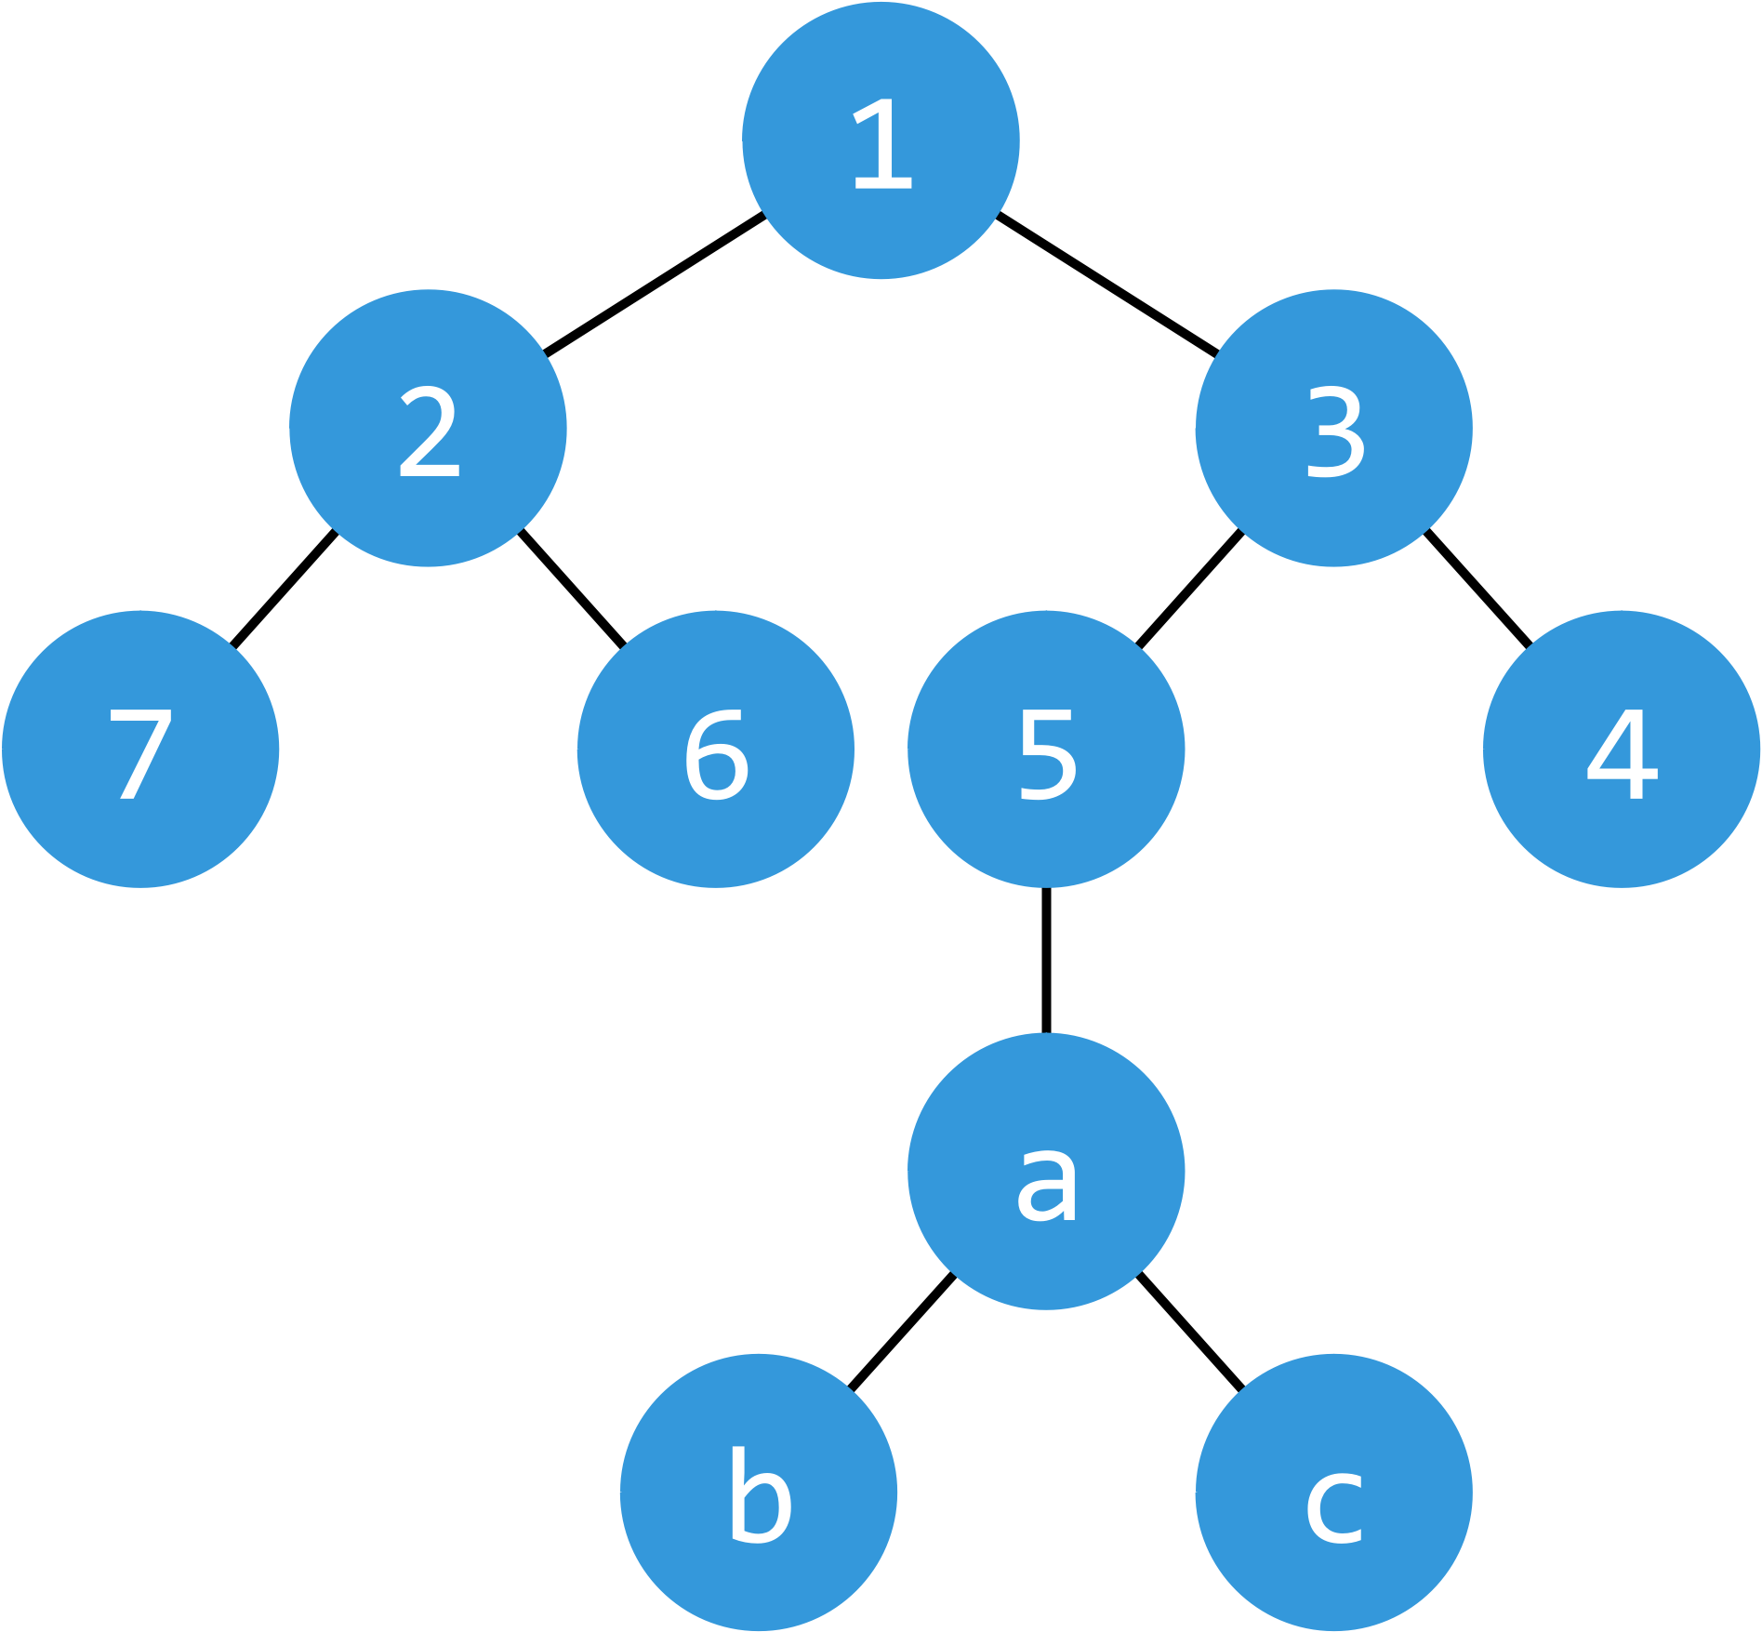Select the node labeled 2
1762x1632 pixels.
[x=428, y=428]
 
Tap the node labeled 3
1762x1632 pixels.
[x=1333, y=428]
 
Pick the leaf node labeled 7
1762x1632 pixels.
[x=140, y=749]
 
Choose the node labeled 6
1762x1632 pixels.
[x=715, y=749]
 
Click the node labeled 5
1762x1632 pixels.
[x=1046, y=749]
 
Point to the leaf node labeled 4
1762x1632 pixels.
[x=1621, y=749]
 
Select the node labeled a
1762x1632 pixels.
[x=1046, y=1171]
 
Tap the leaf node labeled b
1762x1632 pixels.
[x=759, y=1492]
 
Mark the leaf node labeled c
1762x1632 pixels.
[x=1333, y=1492]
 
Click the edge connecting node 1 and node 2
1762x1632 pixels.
[x=655, y=285]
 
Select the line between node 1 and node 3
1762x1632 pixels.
[x=1106, y=285]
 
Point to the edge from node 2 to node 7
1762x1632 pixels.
[x=284, y=588]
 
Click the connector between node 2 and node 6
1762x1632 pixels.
[x=572, y=588]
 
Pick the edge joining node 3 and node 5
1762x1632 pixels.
[x=1190, y=588]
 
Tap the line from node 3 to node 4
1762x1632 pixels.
[x=1477, y=588]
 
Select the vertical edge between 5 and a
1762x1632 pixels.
[x=1046, y=960]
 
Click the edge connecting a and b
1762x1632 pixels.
[x=903, y=1332]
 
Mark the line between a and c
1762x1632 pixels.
[x=1190, y=1332]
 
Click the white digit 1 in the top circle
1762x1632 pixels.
[x=883, y=144]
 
